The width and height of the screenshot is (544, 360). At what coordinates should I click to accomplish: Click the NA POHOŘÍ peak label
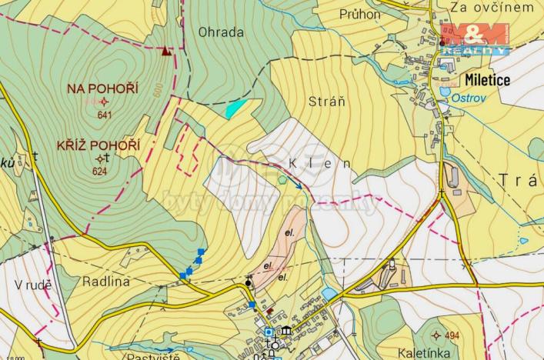coord(102,89)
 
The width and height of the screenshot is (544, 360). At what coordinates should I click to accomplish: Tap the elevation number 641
coord(105,115)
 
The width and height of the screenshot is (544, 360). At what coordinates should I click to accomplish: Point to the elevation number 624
coord(98,171)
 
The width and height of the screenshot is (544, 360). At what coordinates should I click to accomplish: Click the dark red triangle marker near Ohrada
coord(165,52)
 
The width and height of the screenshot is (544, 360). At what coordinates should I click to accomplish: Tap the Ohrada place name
coord(221,32)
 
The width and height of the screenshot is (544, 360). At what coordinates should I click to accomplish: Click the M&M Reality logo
coord(474,38)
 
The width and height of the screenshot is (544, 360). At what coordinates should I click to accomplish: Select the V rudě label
coord(33,285)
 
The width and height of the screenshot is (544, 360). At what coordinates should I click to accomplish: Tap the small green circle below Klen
coord(282,180)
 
